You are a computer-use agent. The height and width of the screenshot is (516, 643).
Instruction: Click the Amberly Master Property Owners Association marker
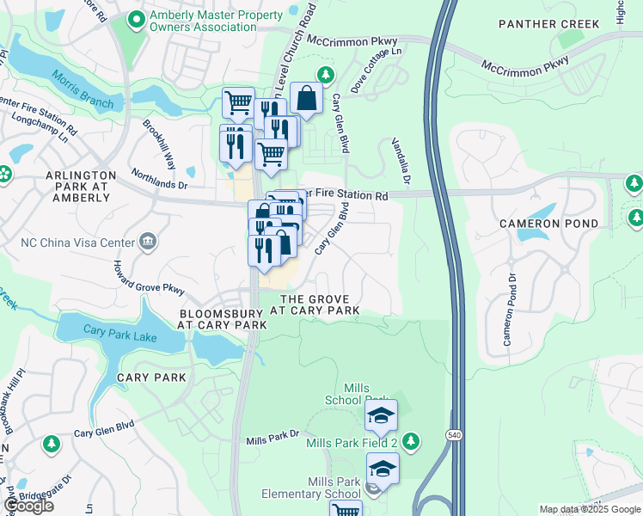pyautogui.click(x=136, y=19)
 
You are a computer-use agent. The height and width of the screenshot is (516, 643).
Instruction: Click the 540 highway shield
pyautogui.click(x=453, y=437)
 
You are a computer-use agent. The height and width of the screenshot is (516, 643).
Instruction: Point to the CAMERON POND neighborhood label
pyautogui.click(x=542, y=224)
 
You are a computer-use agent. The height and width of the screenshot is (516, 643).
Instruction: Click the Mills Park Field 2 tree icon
pyautogui.click(x=412, y=442)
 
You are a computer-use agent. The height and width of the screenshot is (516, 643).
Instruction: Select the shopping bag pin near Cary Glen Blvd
pyautogui.click(x=305, y=100)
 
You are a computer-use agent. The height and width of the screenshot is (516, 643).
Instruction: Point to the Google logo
pyautogui.click(x=28, y=506)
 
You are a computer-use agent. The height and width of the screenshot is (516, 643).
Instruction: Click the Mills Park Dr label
pyautogui.click(x=272, y=440)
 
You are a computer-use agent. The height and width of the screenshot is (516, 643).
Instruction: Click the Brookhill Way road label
pyautogui.click(x=160, y=138)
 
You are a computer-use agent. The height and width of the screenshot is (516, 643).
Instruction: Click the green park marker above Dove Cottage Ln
pyautogui.click(x=325, y=75)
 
